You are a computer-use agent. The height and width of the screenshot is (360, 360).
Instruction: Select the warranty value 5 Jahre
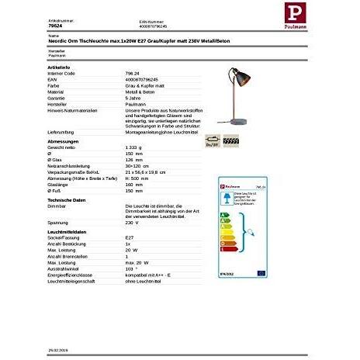[133, 99]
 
